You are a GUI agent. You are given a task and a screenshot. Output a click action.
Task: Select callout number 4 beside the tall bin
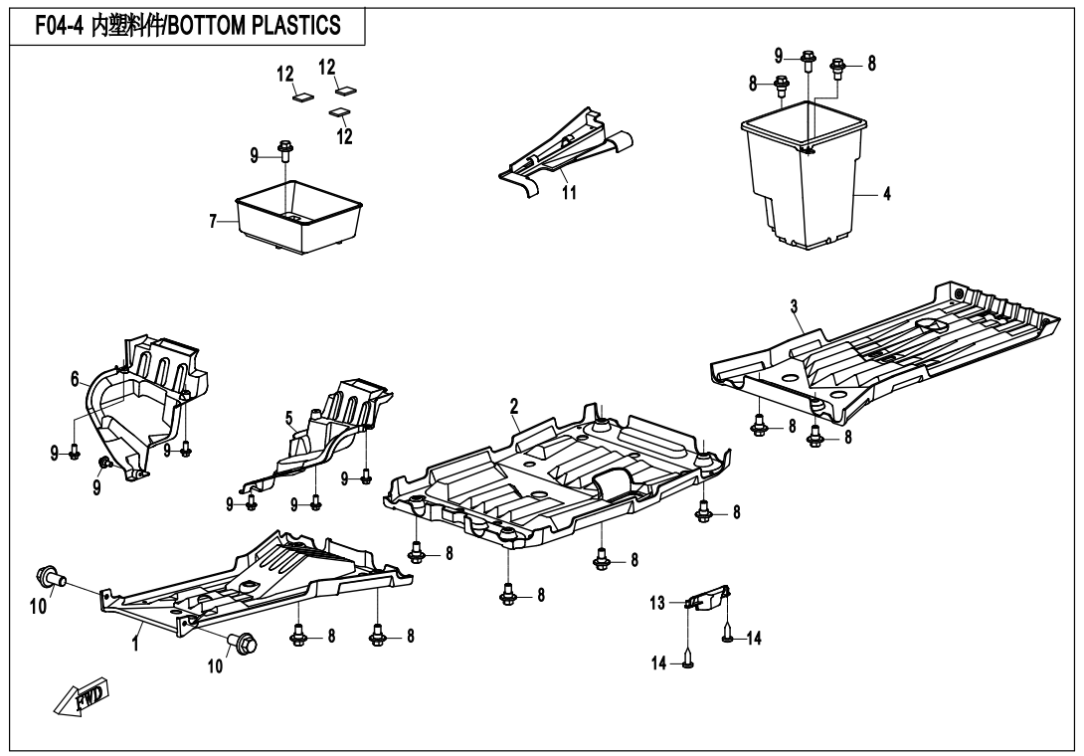tap(886, 194)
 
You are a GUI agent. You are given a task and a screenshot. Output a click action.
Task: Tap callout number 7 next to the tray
tap(213, 222)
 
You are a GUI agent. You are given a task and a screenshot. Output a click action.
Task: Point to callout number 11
tap(569, 193)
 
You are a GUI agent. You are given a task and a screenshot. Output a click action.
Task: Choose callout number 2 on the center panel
tap(514, 405)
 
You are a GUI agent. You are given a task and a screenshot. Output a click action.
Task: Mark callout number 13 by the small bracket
tap(657, 603)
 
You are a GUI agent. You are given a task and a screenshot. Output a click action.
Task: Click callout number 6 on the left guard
tap(75, 378)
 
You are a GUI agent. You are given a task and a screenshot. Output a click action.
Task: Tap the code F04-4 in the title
tap(58, 25)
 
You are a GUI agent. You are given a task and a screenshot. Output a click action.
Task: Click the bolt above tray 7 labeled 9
tap(286, 150)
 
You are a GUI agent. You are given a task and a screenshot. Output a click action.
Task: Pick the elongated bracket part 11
tap(569, 150)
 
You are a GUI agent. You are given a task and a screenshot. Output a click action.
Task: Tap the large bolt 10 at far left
tap(50, 576)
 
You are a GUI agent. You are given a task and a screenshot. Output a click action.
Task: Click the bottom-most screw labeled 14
tap(688, 663)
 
